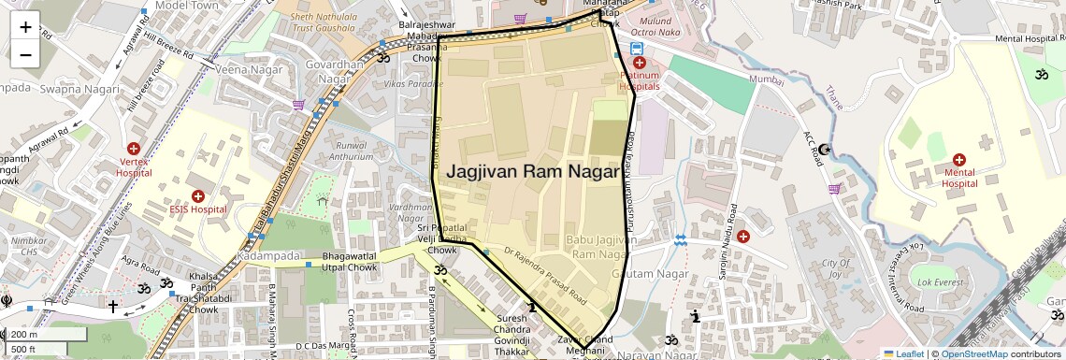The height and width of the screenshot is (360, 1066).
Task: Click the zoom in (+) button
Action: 25,26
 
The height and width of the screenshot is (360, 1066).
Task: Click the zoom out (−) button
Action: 25,53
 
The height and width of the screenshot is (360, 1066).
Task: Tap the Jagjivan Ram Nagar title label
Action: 533,172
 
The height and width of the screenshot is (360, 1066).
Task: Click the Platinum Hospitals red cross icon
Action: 640,63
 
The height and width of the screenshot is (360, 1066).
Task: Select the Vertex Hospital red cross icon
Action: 134,149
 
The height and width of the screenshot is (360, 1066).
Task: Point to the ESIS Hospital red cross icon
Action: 198,195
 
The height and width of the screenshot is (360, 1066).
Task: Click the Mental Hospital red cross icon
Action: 958,160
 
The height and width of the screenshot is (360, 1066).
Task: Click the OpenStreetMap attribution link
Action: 974,353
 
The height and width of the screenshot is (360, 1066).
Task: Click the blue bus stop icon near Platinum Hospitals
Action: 637,49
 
